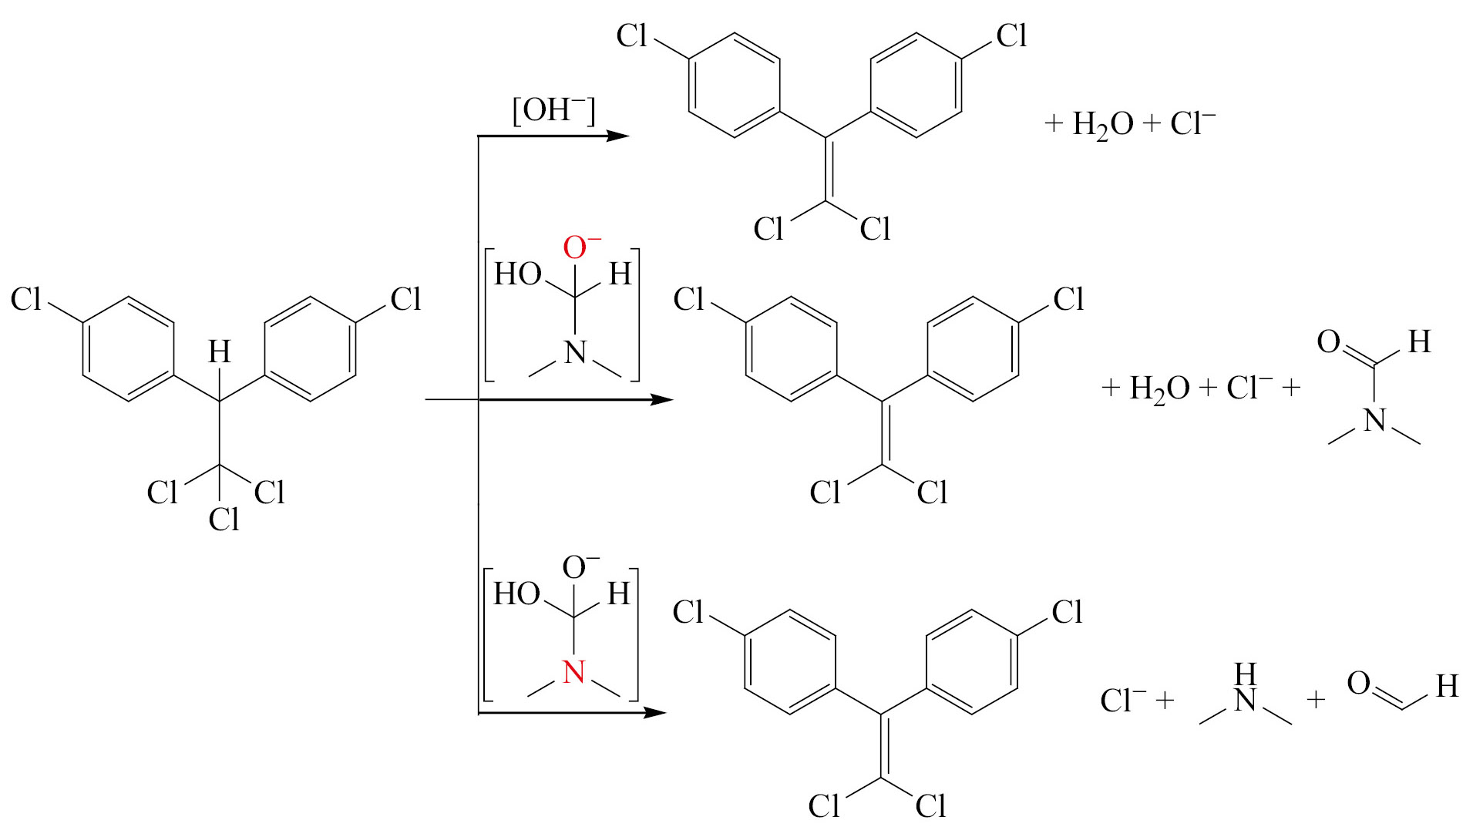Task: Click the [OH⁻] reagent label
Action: (x=553, y=110)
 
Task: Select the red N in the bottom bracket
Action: (x=573, y=672)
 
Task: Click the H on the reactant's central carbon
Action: (x=220, y=352)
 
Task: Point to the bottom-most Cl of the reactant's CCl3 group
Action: (x=224, y=519)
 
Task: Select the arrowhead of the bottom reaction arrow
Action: (x=654, y=713)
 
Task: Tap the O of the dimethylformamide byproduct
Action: (x=1328, y=341)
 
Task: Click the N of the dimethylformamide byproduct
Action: (x=1374, y=421)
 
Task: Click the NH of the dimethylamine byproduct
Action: (x=1246, y=687)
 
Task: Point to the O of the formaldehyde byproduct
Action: (x=1359, y=683)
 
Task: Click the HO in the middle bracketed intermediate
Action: (x=517, y=274)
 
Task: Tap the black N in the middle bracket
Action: (x=575, y=353)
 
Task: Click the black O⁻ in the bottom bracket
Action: (x=580, y=566)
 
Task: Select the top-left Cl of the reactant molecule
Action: (x=25, y=299)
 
